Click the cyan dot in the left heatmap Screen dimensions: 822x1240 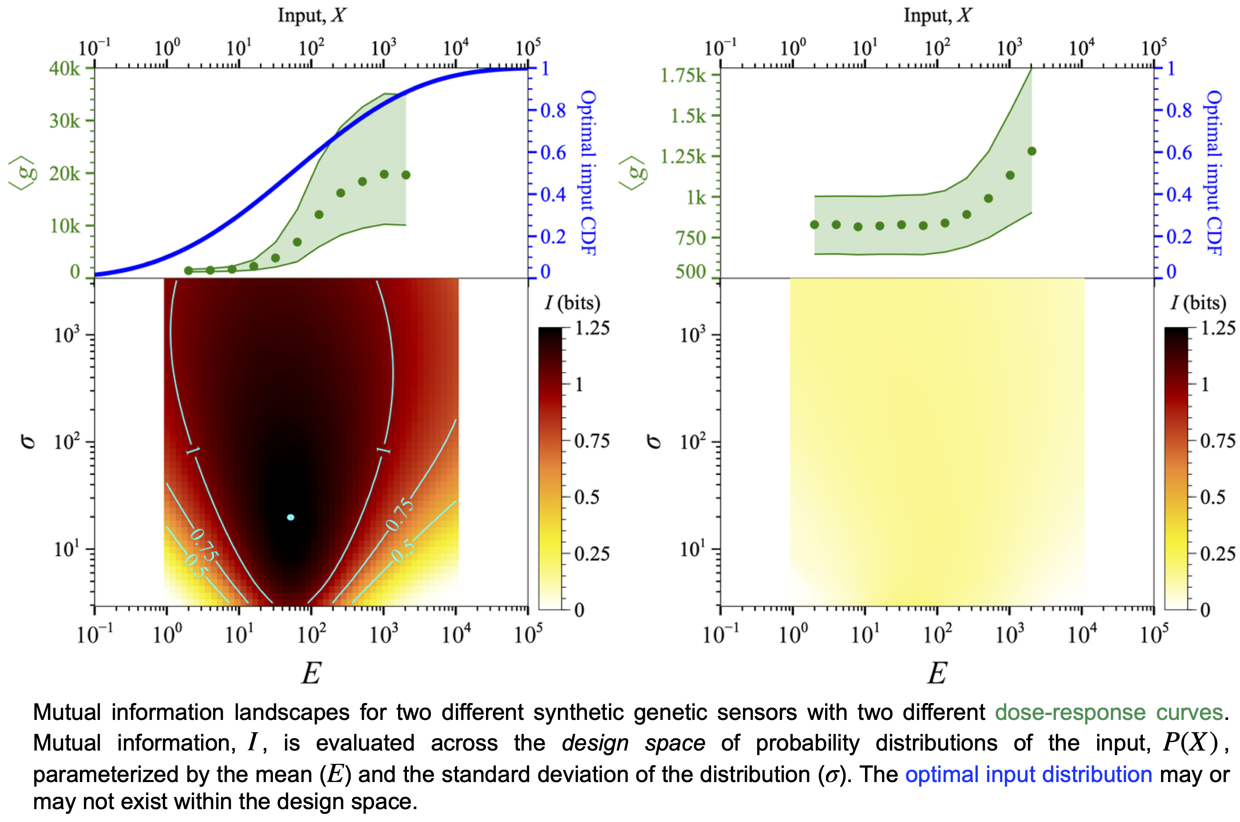click(x=291, y=517)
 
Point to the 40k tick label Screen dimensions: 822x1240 click(x=65, y=68)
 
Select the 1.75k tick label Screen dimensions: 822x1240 click(x=683, y=75)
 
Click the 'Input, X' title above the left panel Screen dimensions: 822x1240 click(x=312, y=15)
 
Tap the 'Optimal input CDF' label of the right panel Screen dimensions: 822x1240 click(x=1214, y=173)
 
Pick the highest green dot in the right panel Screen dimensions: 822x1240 click(x=1031, y=151)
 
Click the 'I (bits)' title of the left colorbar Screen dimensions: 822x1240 click(x=573, y=303)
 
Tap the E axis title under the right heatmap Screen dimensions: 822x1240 click(x=937, y=672)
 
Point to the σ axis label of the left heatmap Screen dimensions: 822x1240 click(x=28, y=442)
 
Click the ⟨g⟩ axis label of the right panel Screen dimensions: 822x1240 click(x=632, y=173)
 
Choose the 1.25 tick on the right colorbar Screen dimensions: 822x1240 click(x=1218, y=328)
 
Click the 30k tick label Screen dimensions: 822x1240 click(x=65, y=121)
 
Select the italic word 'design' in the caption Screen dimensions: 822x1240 click(x=595, y=743)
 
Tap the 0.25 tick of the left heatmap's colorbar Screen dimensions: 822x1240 click(x=592, y=553)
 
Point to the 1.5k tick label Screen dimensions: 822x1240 click(x=688, y=116)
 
